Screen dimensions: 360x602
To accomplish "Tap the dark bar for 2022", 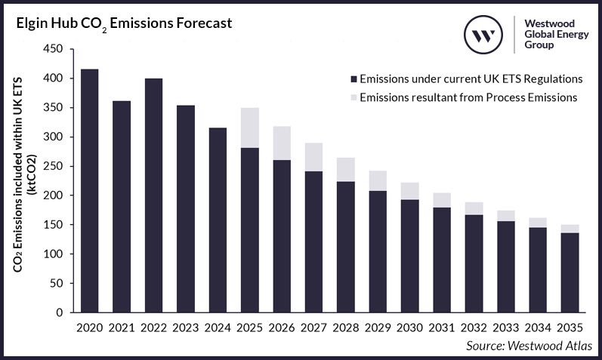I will coord(153,196).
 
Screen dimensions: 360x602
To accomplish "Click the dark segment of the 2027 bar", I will coord(313,242).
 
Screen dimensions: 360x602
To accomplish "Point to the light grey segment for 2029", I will coord(378,180).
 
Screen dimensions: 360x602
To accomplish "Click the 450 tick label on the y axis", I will coord(55,50).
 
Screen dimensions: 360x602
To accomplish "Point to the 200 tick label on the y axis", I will coord(55,195).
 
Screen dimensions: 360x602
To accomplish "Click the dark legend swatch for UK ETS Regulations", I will coord(352,78).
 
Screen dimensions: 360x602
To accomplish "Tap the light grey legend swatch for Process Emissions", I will coord(352,97).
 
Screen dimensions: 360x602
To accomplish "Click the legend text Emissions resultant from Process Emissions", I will coord(468,97).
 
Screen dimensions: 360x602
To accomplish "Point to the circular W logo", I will coord(483,35).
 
